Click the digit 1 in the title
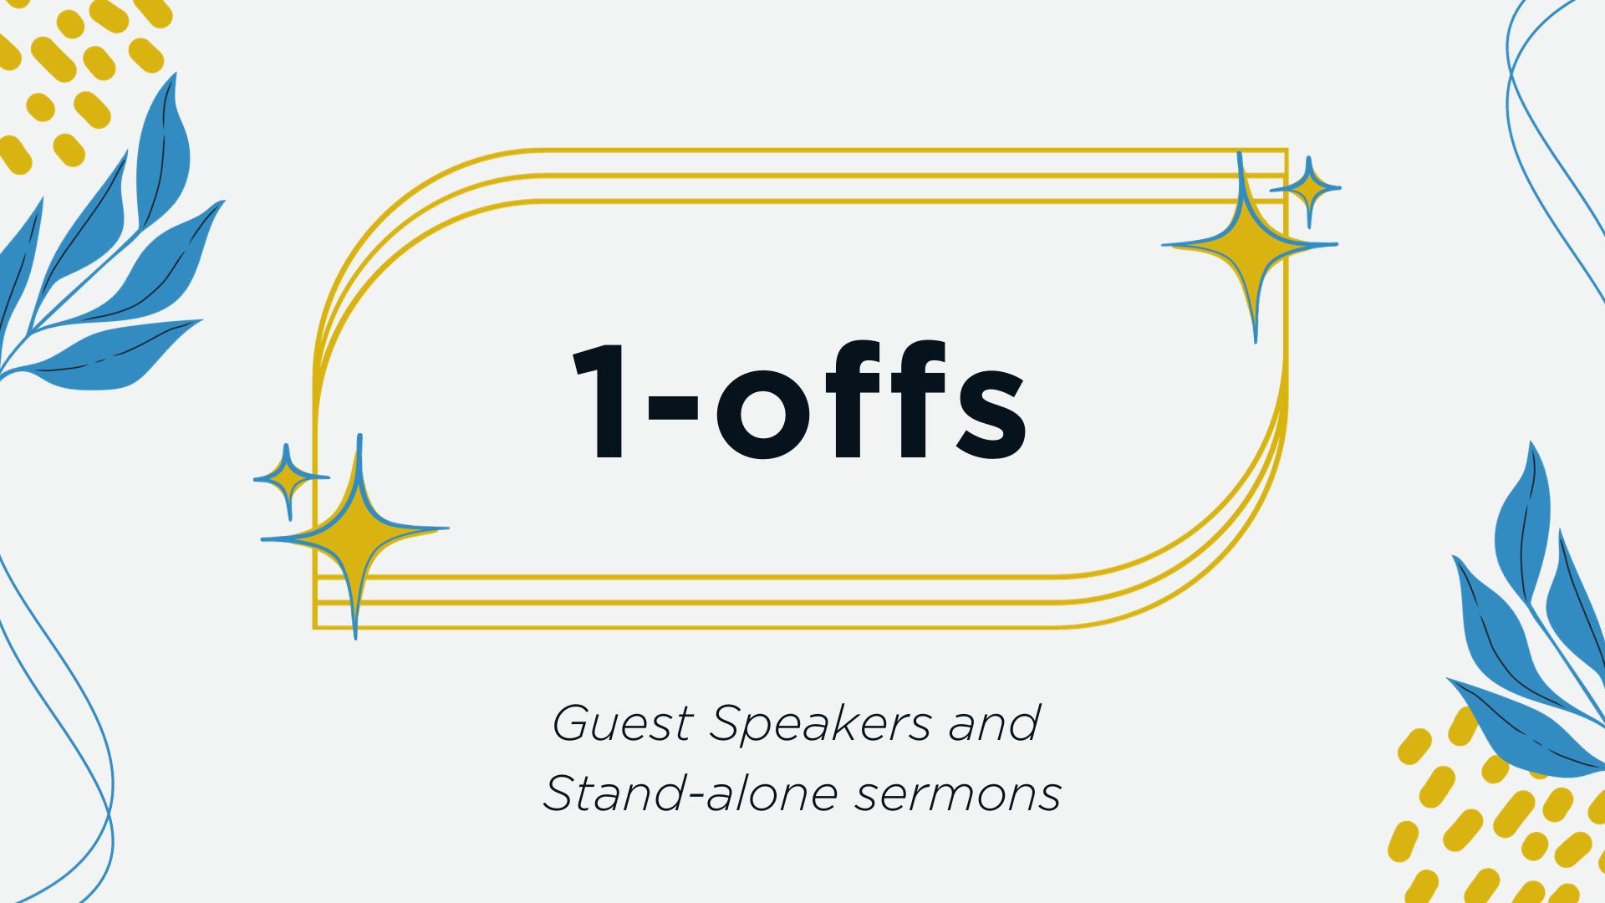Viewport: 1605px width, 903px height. tap(599, 400)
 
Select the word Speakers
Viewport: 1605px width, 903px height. tap(819, 724)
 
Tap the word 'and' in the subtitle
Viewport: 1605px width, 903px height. tap(994, 722)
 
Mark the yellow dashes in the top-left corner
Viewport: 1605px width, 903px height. tap(79, 75)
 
